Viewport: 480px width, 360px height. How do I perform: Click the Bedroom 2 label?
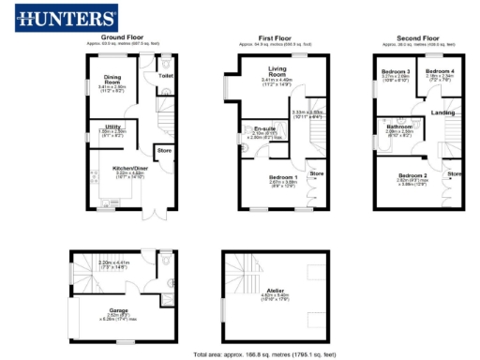click(412, 176)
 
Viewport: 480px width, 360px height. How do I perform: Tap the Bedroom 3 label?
click(395, 72)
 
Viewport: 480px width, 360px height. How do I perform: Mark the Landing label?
click(443, 113)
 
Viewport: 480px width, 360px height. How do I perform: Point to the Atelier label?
click(277, 292)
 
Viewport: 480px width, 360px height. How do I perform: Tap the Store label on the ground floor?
click(164, 150)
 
